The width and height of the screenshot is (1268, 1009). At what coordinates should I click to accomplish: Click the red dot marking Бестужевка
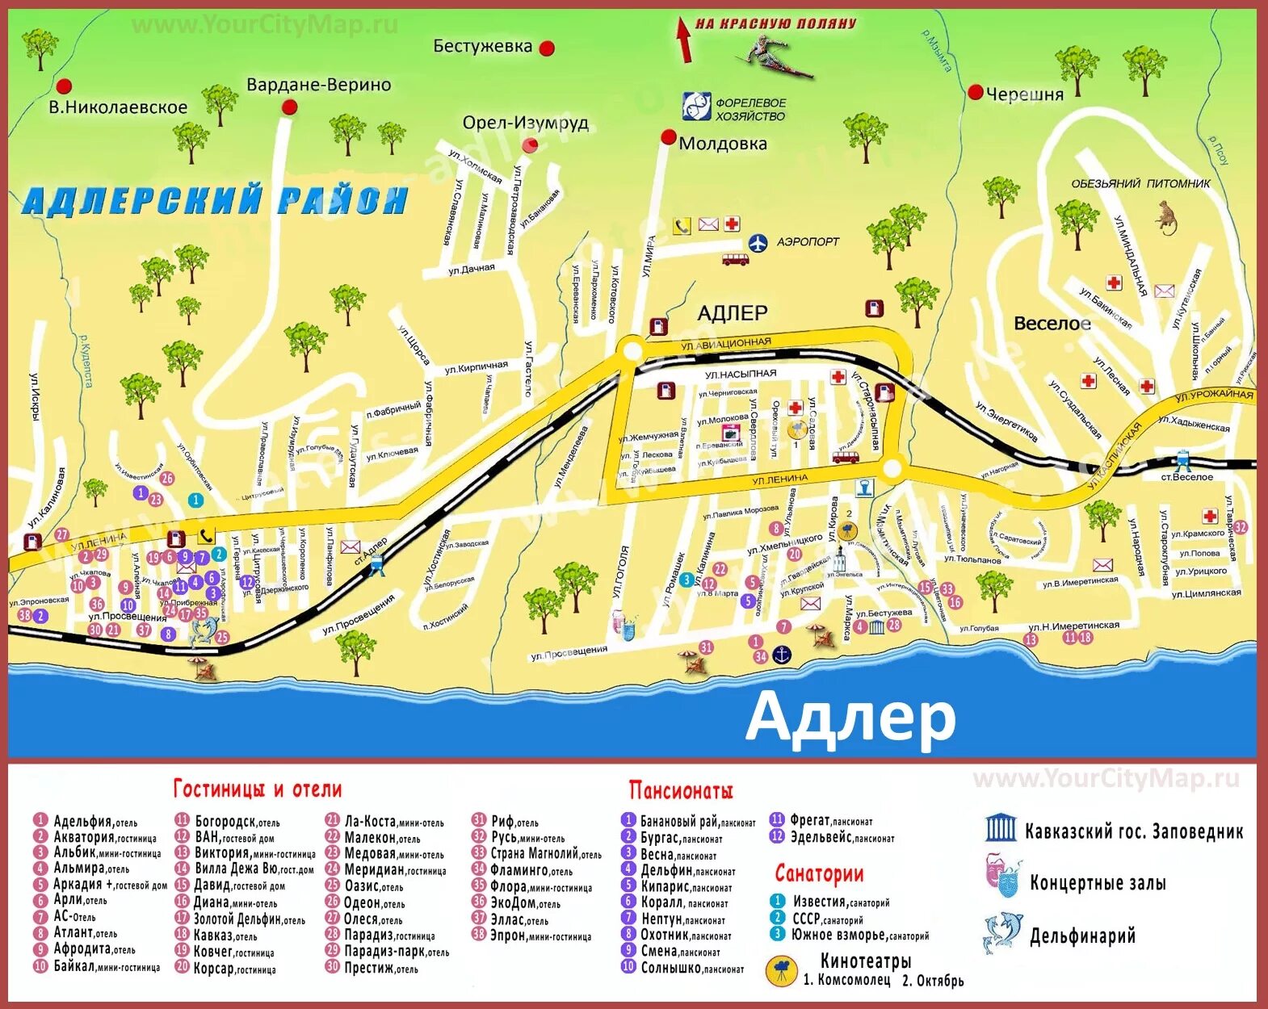[547, 48]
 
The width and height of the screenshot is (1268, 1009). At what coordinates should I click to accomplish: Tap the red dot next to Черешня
[976, 92]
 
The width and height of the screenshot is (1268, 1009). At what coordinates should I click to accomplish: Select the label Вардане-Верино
[318, 85]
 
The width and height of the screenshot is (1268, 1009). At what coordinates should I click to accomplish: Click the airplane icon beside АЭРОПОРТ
[758, 242]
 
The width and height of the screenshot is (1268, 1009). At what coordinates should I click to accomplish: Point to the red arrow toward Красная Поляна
[684, 40]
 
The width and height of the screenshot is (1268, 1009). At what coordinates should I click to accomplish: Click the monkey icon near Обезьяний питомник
[1166, 216]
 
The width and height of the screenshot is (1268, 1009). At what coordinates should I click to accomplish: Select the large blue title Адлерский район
[215, 200]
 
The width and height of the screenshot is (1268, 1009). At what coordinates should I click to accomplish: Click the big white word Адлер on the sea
[850, 717]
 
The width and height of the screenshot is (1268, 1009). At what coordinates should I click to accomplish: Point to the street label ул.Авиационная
[725, 344]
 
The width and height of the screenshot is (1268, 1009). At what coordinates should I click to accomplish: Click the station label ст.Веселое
[1186, 477]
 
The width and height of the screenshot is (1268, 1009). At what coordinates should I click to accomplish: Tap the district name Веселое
[1052, 324]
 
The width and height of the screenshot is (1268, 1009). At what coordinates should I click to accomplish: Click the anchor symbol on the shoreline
[782, 655]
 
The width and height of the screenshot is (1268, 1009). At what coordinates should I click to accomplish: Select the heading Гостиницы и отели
[258, 789]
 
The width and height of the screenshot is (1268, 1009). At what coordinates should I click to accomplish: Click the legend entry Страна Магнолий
[545, 853]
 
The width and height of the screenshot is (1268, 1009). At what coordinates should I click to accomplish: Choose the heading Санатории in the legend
[819, 873]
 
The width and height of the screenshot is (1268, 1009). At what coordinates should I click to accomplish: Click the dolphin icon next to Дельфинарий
[1001, 933]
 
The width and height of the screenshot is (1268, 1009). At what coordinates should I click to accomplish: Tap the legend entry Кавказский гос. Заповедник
[1133, 831]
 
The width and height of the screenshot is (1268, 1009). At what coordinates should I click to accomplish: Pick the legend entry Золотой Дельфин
[249, 919]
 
